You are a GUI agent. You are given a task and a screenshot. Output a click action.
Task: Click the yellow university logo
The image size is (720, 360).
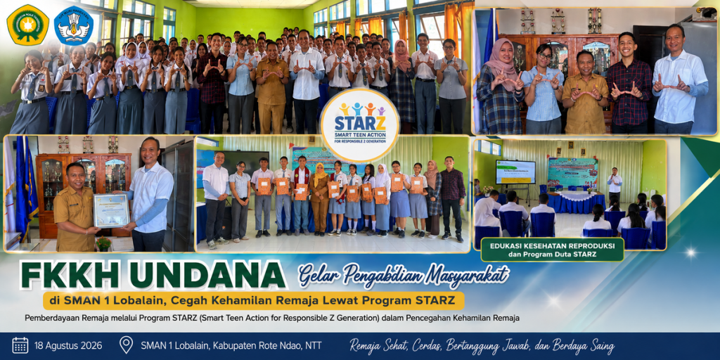pos(27,25)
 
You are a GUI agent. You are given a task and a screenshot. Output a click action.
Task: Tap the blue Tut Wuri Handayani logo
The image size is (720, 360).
pos(73,25)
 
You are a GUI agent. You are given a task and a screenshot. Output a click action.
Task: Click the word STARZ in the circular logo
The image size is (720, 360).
pos(359,124)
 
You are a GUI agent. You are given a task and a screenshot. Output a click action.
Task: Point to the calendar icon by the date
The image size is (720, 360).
pos(20,345)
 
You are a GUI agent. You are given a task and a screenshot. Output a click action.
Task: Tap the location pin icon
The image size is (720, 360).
pos(126,345)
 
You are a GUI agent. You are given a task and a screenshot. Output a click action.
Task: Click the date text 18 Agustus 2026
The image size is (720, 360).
pos(68,345)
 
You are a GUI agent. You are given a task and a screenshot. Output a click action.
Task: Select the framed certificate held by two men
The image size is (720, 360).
pos(112,210)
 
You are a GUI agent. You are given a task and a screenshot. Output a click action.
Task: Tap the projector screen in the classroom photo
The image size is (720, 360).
pos(515,172)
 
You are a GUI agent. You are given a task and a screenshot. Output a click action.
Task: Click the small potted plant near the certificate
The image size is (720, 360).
pos(104,243)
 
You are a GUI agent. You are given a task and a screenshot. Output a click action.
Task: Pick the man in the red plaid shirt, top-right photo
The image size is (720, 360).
pos(629,83)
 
